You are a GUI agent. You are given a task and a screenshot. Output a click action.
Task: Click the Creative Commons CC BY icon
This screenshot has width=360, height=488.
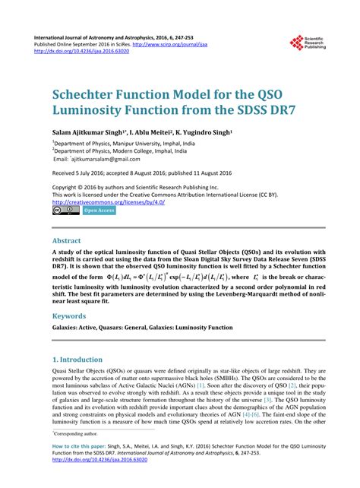[x=65, y=211]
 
